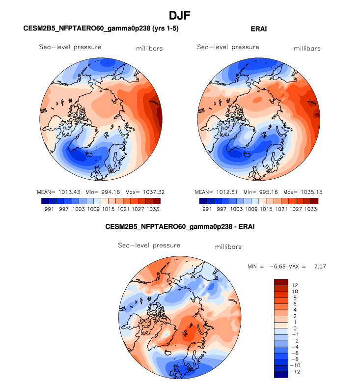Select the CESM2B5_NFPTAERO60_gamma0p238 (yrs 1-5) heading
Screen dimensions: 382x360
101,29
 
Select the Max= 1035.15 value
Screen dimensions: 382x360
303,191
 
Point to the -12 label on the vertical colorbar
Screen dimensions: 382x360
295,372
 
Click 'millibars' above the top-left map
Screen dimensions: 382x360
149,49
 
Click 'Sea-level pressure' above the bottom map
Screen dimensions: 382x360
149,246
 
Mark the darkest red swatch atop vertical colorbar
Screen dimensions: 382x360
281,282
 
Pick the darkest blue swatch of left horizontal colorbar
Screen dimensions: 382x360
45,201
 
